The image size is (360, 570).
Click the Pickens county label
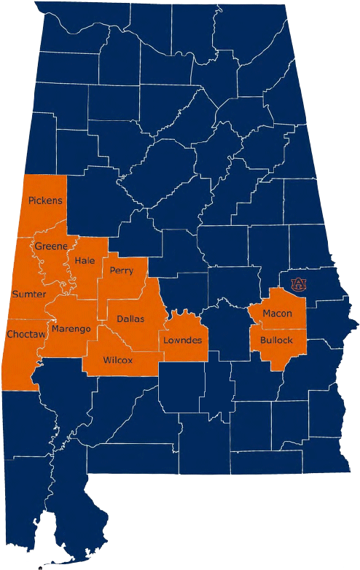point(45,200)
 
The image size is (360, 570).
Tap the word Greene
point(51,246)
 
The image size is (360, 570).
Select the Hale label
point(85,260)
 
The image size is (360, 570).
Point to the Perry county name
point(121,270)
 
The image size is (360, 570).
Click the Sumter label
point(29,294)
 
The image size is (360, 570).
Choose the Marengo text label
point(71,329)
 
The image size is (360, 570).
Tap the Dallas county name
point(130,319)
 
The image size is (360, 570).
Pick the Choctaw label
point(26,335)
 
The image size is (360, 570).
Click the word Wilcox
point(118,360)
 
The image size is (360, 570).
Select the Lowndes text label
point(182,340)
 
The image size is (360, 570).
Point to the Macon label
point(277,313)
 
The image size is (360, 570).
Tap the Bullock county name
point(276,340)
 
